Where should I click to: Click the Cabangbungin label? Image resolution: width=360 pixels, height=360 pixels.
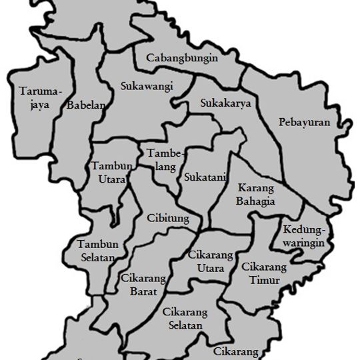[x=182, y=59]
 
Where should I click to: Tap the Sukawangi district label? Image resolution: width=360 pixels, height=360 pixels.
[x=147, y=86]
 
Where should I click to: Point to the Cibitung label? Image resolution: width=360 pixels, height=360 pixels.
[x=167, y=219]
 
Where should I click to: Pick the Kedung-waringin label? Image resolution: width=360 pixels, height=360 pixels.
[x=303, y=236]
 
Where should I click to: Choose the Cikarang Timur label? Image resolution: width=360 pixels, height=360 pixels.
[x=264, y=273]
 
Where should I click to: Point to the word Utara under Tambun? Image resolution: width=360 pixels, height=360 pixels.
[x=107, y=179]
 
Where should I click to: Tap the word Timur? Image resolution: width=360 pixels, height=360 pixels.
[x=264, y=280]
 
